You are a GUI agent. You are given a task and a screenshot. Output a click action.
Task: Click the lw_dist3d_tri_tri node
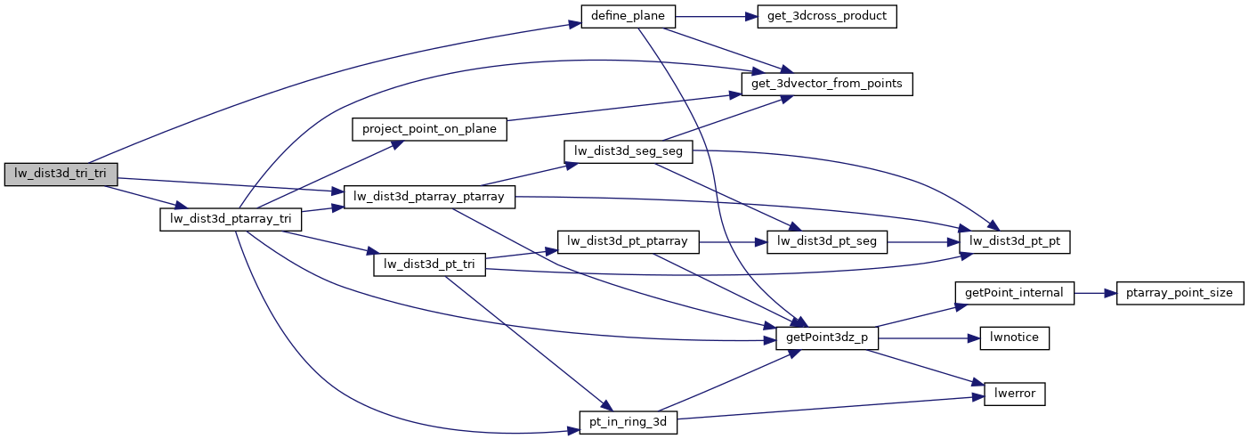(61, 175)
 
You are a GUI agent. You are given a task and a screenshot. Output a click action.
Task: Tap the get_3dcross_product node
(826, 16)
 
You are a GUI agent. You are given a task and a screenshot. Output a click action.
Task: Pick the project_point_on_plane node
(430, 128)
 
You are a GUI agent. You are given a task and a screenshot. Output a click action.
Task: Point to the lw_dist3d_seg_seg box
(629, 151)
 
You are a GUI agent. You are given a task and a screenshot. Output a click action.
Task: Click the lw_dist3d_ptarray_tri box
(231, 219)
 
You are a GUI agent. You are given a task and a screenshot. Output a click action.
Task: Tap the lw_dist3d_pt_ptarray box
(629, 241)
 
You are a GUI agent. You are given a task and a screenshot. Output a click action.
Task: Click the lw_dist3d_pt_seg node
(827, 241)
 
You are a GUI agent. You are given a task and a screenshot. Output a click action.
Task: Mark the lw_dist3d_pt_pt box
(1014, 241)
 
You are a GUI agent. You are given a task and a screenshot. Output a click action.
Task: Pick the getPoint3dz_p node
(828, 338)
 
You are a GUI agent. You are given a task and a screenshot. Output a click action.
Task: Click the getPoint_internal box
(1014, 292)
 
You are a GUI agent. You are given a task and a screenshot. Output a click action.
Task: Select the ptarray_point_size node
(1180, 292)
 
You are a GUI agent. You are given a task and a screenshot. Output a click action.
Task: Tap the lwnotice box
(1014, 338)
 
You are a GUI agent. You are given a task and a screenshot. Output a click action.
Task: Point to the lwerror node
(1014, 394)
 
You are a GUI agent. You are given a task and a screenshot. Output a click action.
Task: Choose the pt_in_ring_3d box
(629, 421)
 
